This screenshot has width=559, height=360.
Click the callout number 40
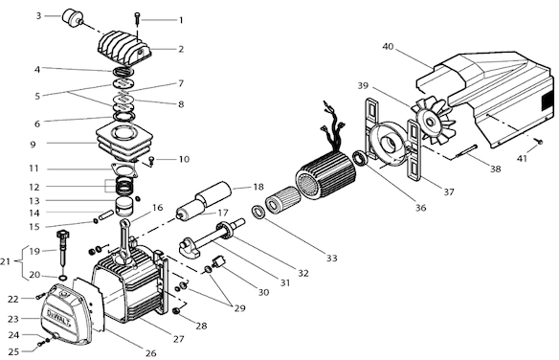coord(388,46)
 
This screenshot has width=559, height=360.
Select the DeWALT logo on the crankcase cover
coord(59,318)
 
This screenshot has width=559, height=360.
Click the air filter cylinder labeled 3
coord(73,17)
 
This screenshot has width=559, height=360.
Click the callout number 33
coord(331,259)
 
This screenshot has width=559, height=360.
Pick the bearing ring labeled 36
coord(359,158)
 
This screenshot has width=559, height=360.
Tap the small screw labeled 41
coord(540,142)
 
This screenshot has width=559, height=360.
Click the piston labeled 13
coord(124,207)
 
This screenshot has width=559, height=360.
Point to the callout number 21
coord(5,261)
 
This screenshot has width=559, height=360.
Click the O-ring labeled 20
coord(62,277)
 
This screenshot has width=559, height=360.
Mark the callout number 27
coord(178,339)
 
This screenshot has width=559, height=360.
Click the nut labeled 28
coord(175,311)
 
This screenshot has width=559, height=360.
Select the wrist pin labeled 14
coord(106,214)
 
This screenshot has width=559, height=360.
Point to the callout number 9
coord(34,145)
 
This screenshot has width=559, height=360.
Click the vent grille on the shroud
coord(547,101)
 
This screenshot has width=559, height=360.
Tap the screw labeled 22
coord(40,296)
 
